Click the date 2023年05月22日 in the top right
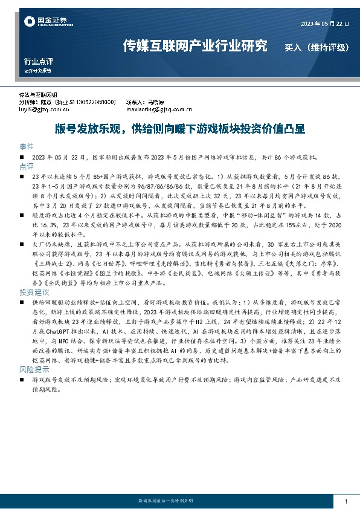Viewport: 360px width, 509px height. point(324,24)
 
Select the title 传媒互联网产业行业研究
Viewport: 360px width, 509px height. point(194,45)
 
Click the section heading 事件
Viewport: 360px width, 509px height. point(27,147)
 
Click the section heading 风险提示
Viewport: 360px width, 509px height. point(33,368)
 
